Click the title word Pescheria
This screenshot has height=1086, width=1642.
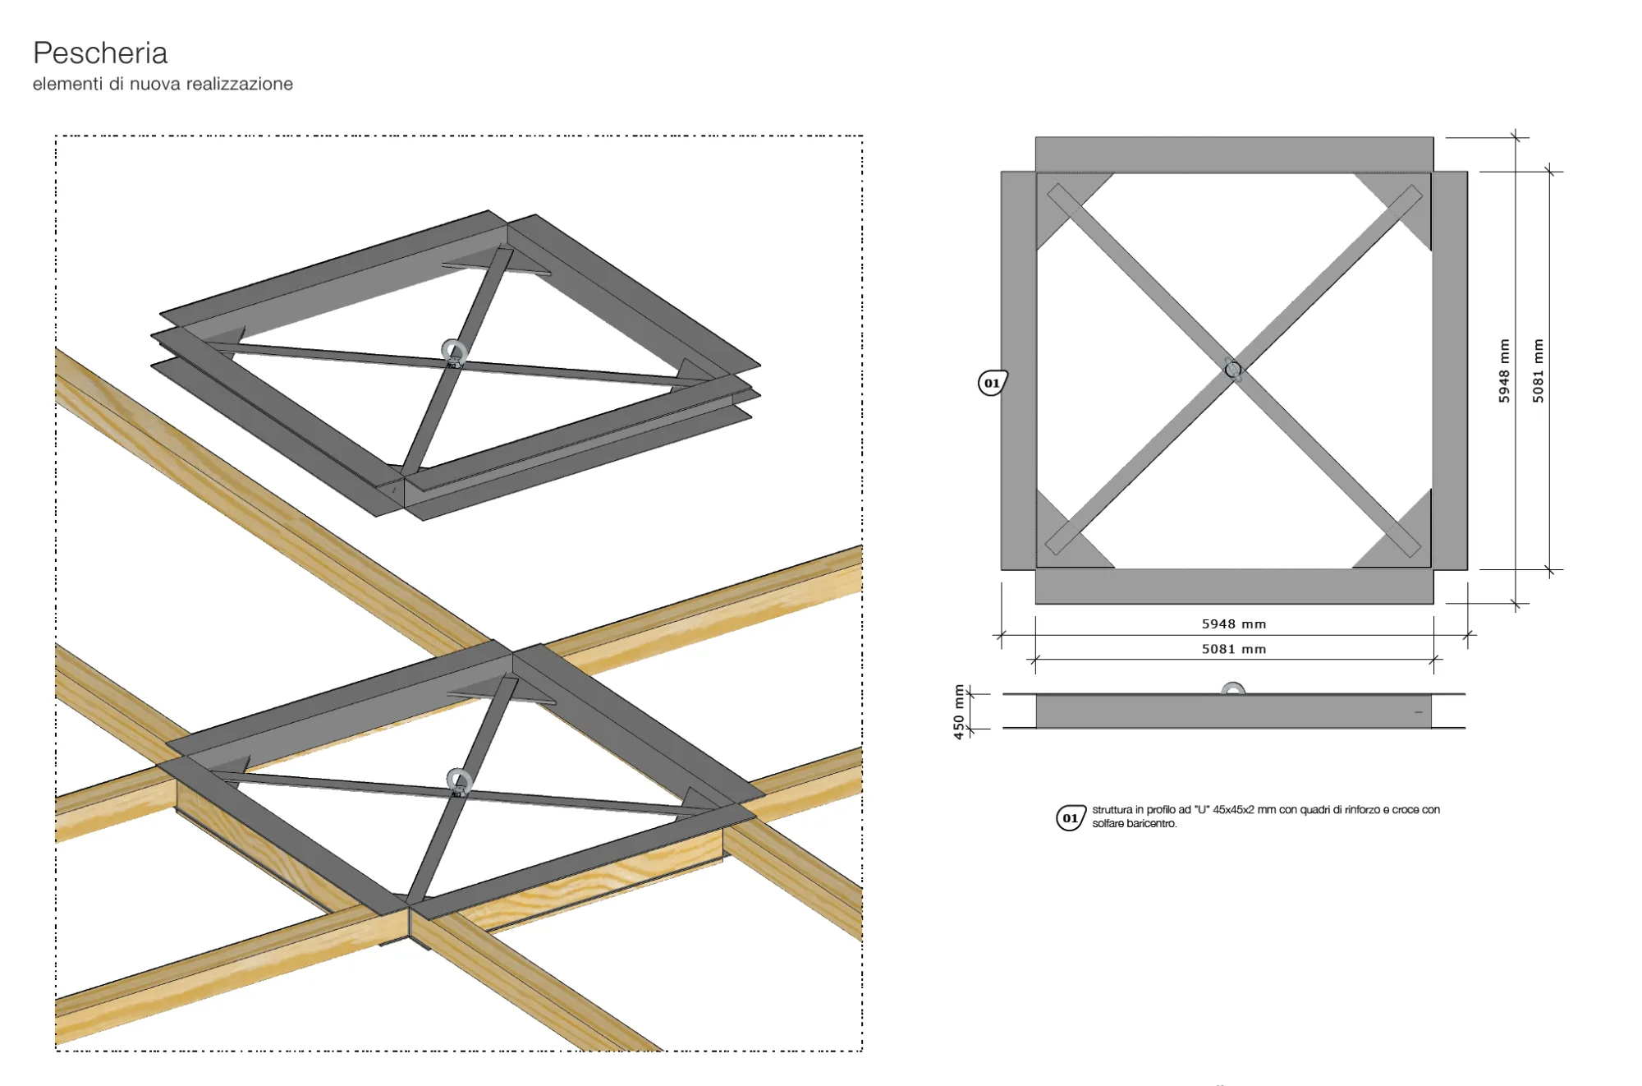[100, 53]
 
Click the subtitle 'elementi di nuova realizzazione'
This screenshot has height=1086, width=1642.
[163, 84]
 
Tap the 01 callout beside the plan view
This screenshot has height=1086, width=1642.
[993, 383]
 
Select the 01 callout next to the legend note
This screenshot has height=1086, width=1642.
[1071, 818]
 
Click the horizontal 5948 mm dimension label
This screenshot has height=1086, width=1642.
[1234, 624]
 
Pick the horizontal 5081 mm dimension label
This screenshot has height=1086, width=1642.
[1234, 649]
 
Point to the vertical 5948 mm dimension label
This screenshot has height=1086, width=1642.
[1504, 370]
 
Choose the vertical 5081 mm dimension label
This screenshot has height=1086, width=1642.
[1538, 370]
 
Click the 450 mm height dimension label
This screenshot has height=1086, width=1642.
[959, 712]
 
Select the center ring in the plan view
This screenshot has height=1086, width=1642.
[1232, 370]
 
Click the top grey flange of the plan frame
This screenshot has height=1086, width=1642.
[1234, 154]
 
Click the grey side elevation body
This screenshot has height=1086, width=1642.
[1233, 711]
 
